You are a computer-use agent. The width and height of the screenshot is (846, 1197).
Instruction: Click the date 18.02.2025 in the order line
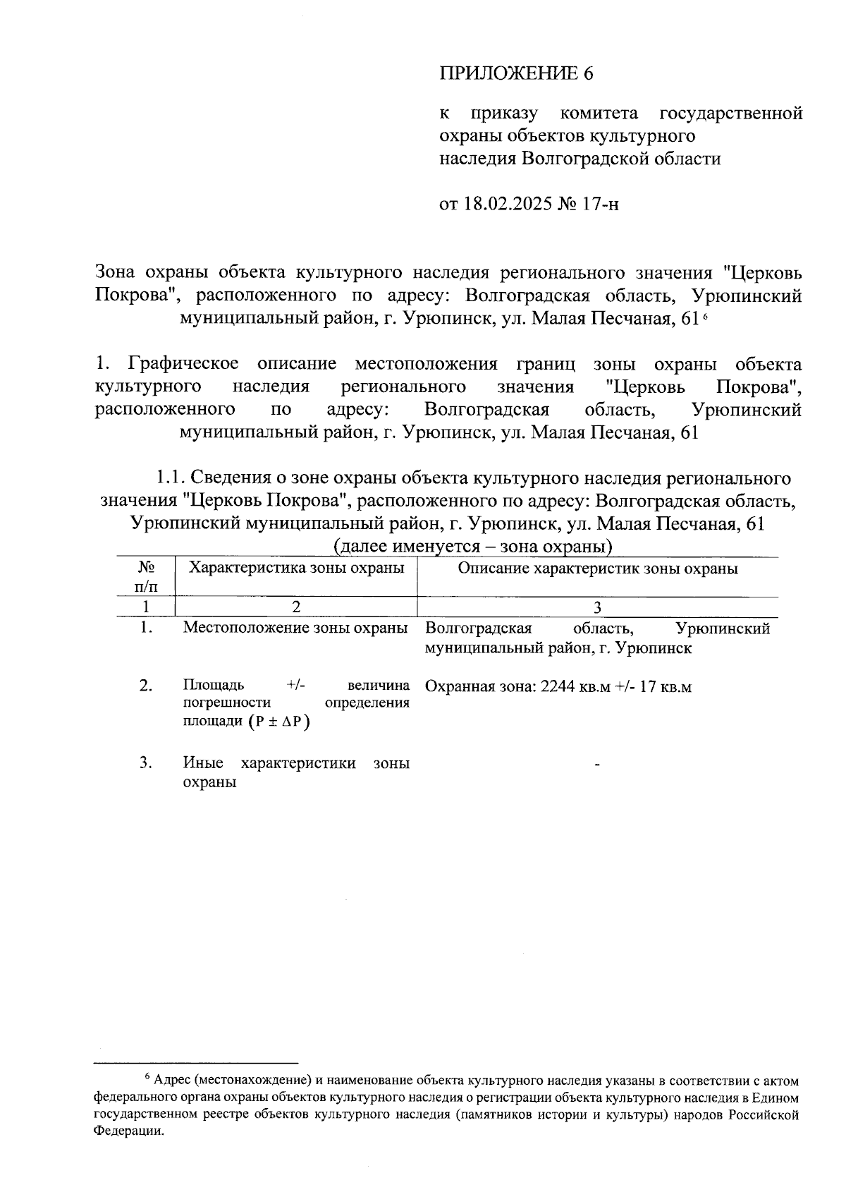506,205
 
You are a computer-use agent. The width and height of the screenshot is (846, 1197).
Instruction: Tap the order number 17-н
601,205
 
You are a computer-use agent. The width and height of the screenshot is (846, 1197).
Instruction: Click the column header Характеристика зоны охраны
297,568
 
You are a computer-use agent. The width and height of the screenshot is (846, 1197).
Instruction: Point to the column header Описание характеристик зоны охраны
598,569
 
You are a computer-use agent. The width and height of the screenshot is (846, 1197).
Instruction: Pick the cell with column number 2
296,607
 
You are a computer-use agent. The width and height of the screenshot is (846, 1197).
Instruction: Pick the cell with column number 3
598,607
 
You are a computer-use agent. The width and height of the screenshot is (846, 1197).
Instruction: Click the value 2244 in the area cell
558,686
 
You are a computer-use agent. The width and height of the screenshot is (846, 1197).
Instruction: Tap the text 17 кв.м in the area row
666,686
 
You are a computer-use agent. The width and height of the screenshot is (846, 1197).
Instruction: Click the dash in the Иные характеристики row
598,764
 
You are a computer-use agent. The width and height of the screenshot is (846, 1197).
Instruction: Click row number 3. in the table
146,762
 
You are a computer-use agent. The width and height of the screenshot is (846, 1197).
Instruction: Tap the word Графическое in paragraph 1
184,365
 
